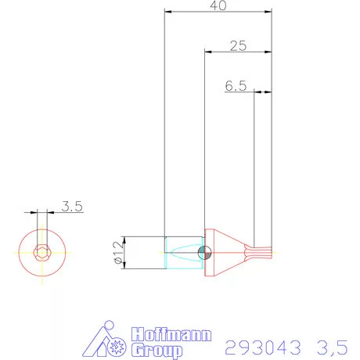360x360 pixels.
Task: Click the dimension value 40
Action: coord(219,5)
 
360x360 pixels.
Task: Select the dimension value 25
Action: coord(239,46)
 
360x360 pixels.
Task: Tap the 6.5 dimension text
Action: coord(236,87)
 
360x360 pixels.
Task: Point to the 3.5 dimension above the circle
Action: coord(72,207)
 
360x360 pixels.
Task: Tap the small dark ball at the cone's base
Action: coord(205,252)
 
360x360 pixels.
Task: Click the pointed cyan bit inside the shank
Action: coord(188,252)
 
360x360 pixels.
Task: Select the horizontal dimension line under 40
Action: coord(219,13)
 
